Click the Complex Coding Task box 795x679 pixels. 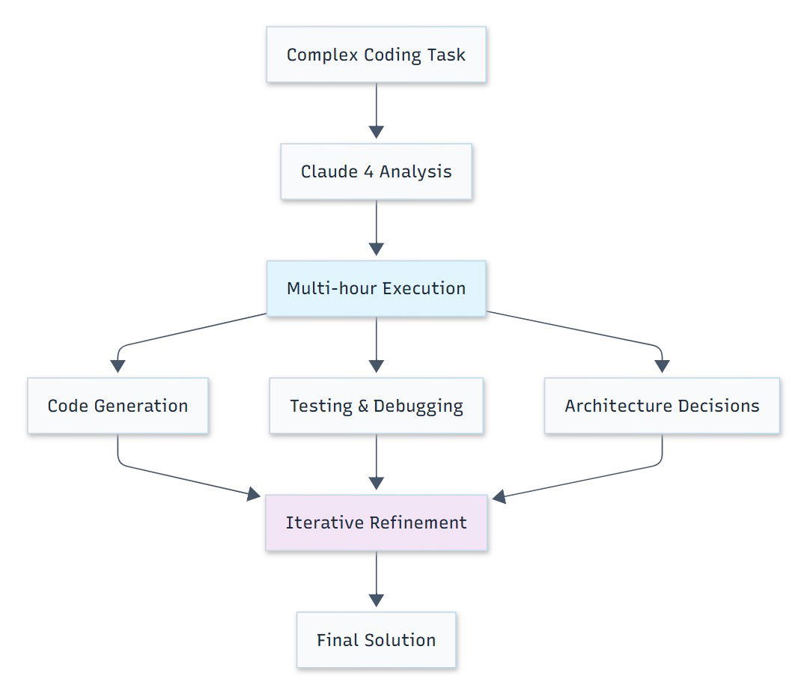[376, 55]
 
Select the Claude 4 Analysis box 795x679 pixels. [376, 171]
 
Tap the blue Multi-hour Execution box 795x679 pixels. [376, 288]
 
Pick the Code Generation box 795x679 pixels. [118, 406]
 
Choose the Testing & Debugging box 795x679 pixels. [376, 406]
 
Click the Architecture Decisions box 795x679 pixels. [662, 406]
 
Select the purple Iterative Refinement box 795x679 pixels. [376, 523]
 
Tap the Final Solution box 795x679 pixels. [376, 640]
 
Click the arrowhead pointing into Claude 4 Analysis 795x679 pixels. [376, 132]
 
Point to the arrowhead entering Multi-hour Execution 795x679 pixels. [376, 249]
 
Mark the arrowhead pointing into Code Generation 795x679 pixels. [118, 366]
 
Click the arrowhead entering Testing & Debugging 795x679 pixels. [376, 366]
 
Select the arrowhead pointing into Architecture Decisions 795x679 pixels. [662, 366]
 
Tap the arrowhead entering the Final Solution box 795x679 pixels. [376, 600]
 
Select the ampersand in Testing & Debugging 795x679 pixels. [363, 407]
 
